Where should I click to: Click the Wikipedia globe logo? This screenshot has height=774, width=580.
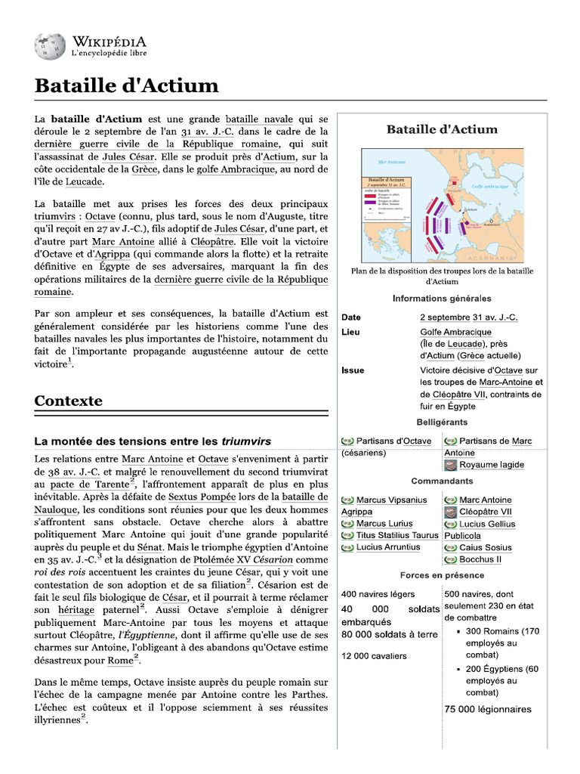pyautogui.click(x=50, y=46)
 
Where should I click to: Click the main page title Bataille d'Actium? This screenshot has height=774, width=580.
pyautogui.click(x=126, y=85)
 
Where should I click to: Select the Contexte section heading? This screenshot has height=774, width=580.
pyautogui.click(x=68, y=401)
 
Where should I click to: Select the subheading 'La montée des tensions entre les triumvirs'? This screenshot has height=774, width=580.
pyautogui.click(x=153, y=441)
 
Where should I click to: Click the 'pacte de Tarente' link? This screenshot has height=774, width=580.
pyautogui.click(x=89, y=484)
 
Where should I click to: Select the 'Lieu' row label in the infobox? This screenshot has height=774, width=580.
pyautogui.click(x=350, y=332)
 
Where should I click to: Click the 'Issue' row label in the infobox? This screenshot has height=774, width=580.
pyautogui.click(x=353, y=370)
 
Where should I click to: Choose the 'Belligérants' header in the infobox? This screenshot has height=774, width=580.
pyautogui.click(x=442, y=422)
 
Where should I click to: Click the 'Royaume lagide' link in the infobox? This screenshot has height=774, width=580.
pyautogui.click(x=491, y=465)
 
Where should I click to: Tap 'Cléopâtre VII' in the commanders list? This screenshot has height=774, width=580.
pyautogui.click(x=485, y=512)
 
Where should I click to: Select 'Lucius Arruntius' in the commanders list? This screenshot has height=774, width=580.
pyautogui.click(x=387, y=547)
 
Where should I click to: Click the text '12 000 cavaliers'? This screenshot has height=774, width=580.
pyautogui.click(x=374, y=655)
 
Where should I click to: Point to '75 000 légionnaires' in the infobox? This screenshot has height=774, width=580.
pyautogui.click(x=488, y=709)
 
